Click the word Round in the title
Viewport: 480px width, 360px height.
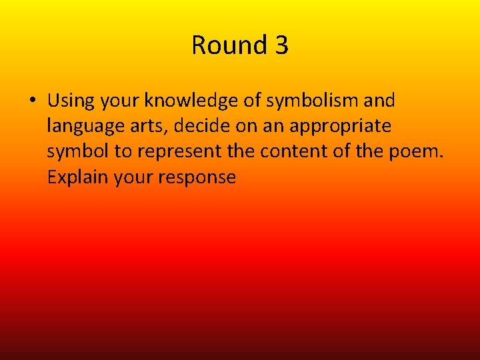[x=219, y=45]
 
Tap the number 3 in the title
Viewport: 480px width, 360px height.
[x=281, y=45]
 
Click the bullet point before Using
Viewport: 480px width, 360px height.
[x=32, y=101]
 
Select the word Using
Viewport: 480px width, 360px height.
[x=71, y=101]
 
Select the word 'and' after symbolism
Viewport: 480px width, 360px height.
[x=381, y=101]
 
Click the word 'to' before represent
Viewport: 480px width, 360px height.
[x=123, y=151]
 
